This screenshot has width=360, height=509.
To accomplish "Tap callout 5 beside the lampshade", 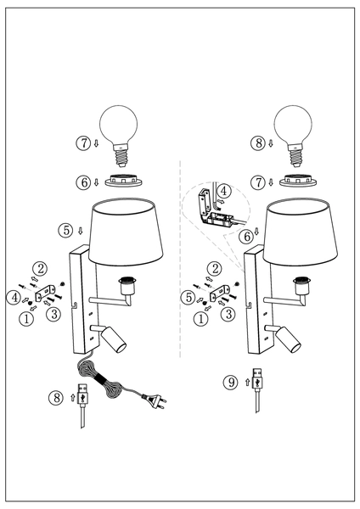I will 65,229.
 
